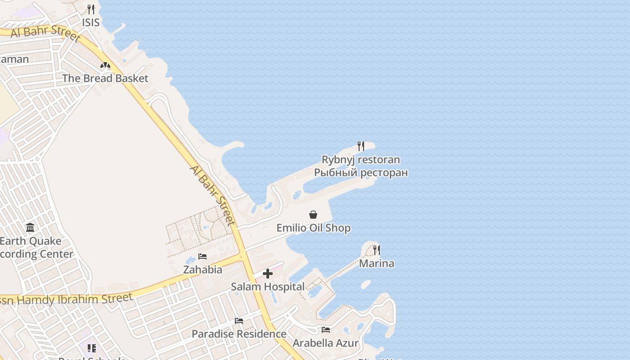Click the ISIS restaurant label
(90, 22)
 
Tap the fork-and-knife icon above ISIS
(91, 9)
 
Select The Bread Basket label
(105, 78)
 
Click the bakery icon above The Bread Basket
(105, 66)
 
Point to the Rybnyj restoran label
(360, 160)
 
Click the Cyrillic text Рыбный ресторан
(360, 173)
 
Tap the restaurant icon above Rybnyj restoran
(360, 146)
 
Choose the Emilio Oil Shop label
(313, 228)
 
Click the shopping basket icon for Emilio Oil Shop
(313, 215)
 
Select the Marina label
(376, 264)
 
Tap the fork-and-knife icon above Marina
(377, 250)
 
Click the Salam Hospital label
(268, 287)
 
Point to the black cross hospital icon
(268, 274)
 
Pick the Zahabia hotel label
(202, 270)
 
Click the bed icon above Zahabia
(202, 256)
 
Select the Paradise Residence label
(239, 334)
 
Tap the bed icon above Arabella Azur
(326, 330)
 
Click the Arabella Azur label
(326, 343)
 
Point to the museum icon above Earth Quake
(30, 228)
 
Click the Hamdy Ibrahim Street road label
(67, 299)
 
